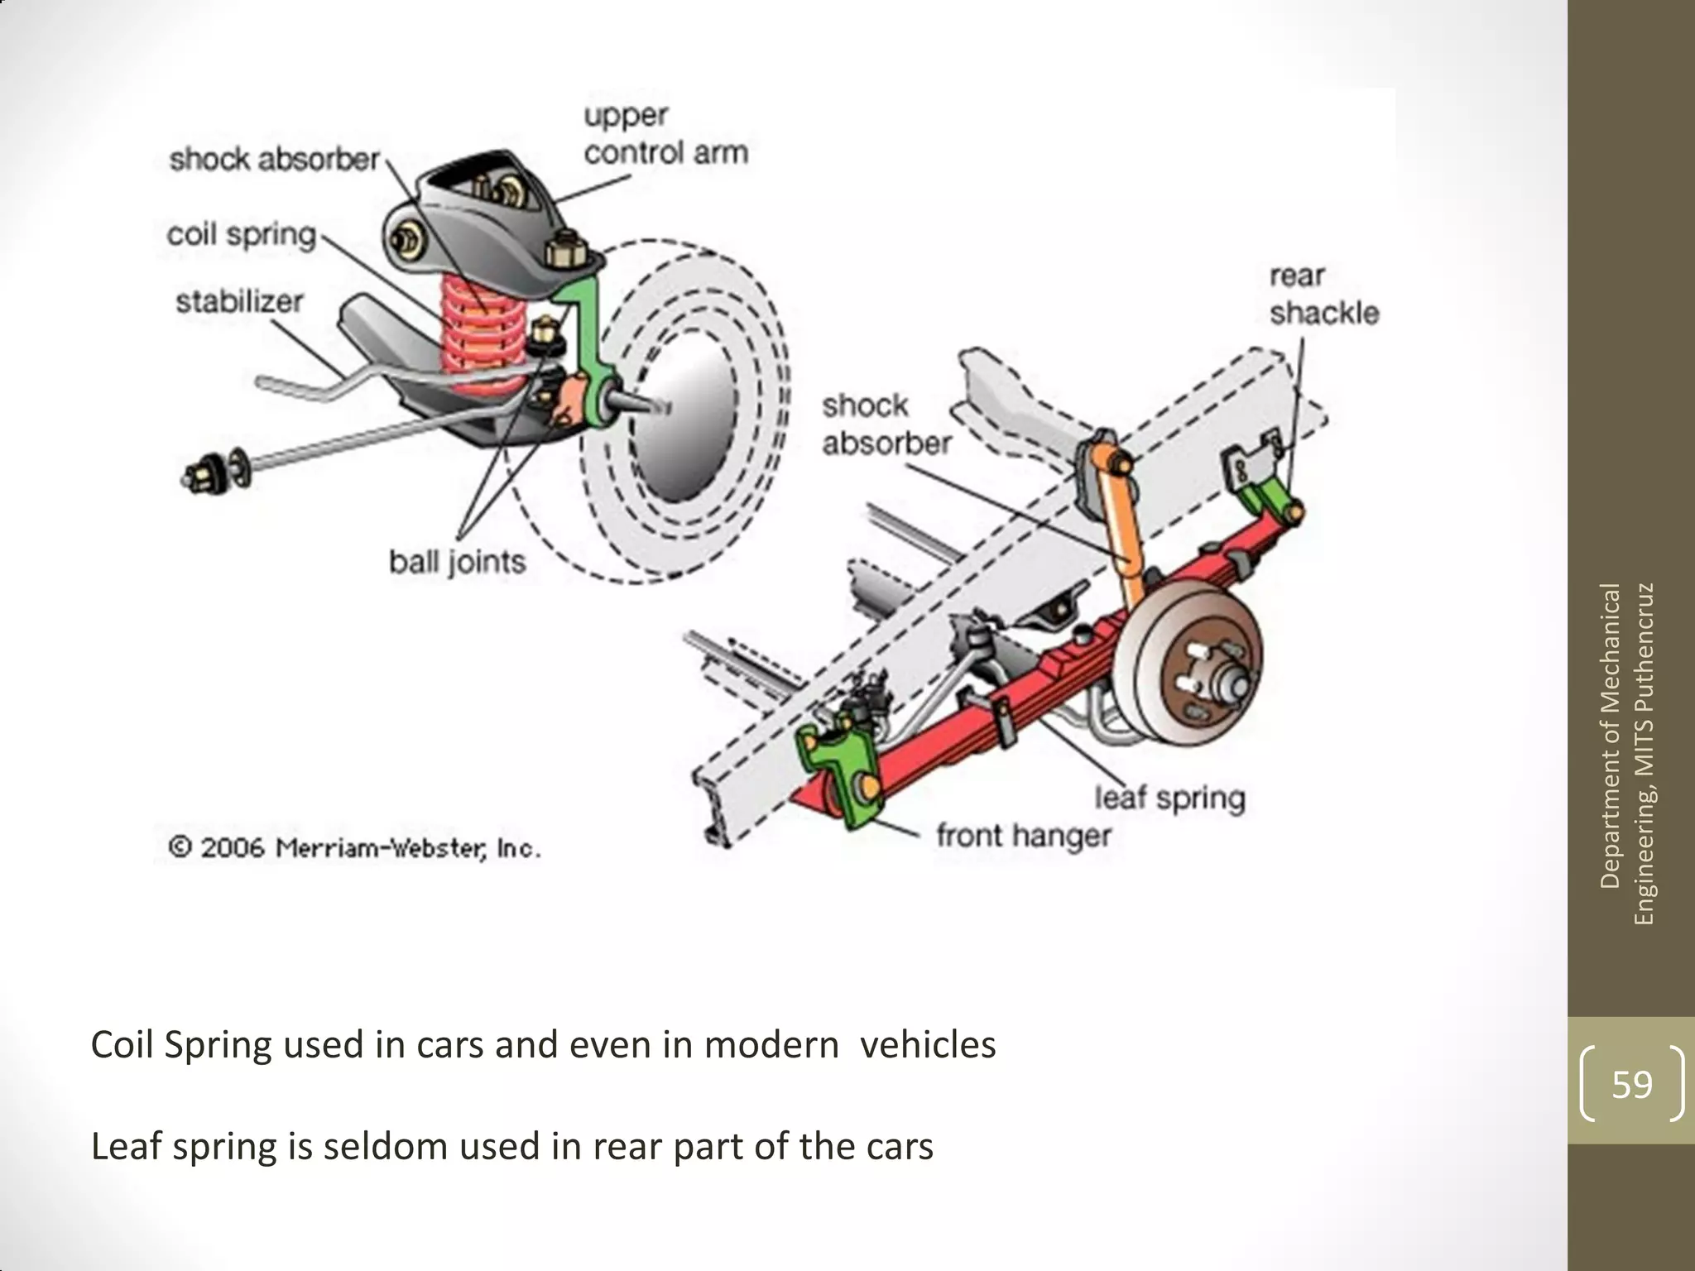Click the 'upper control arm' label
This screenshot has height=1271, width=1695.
tap(665, 134)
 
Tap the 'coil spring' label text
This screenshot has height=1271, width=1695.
tap(242, 234)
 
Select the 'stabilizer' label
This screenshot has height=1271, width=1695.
tap(239, 301)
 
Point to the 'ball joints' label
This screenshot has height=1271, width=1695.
tap(457, 563)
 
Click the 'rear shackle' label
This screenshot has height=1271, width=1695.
tap(1324, 295)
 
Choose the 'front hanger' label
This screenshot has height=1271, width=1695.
tap(1023, 836)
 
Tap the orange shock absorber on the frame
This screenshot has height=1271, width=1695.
tap(1121, 530)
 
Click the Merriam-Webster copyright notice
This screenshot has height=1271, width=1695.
tap(354, 848)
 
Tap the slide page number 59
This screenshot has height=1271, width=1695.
tap(1631, 1084)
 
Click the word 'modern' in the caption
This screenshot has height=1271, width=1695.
tap(771, 1045)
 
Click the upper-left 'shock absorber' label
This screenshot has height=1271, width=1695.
tap(275, 159)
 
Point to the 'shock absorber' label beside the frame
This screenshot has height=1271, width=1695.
tap(886, 424)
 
